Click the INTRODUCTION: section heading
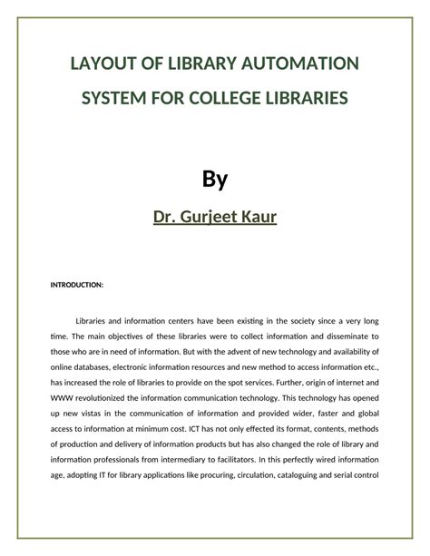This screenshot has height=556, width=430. click(x=76, y=284)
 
